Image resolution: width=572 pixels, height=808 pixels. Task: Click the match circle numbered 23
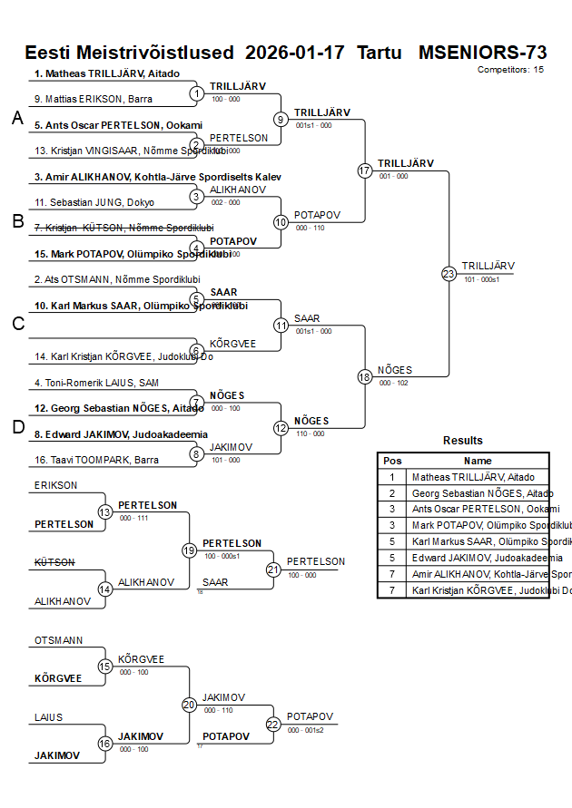point(449,273)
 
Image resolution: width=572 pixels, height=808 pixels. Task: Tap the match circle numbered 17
point(365,170)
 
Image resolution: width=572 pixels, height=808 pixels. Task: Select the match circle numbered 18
point(365,376)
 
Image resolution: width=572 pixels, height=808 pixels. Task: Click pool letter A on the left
point(16,118)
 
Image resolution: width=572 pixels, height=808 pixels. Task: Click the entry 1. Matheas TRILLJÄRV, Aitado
point(107,73)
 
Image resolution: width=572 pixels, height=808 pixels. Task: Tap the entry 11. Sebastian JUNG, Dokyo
point(94,202)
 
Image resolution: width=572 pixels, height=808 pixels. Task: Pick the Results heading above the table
point(463,441)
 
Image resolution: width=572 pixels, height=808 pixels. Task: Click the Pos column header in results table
point(392,461)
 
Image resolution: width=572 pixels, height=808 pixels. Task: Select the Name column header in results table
point(478,461)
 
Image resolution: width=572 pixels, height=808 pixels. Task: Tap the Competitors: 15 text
point(510,69)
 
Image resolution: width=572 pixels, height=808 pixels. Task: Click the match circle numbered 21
point(273,569)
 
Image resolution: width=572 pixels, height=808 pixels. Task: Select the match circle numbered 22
point(273,724)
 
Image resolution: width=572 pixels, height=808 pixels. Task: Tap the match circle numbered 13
point(105,512)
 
